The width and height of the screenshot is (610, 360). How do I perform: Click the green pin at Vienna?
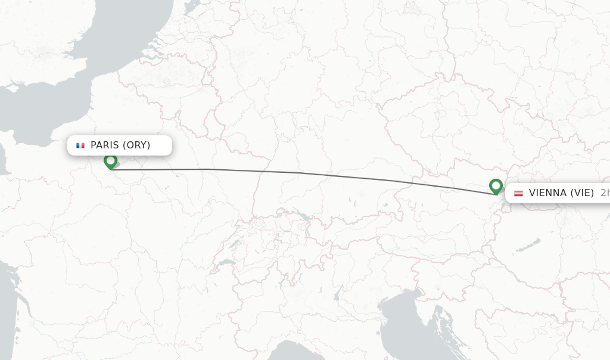(x=496, y=186)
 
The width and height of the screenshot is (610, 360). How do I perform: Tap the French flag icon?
(x=80, y=145)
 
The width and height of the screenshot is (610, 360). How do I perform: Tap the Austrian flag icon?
(x=518, y=193)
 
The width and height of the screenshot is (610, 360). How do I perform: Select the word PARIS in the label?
(x=105, y=145)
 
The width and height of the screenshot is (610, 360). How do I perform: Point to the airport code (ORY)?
(x=136, y=145)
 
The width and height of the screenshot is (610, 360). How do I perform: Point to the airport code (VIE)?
(x=581, y=193)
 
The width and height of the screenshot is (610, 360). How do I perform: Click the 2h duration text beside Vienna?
(x=604, y=193)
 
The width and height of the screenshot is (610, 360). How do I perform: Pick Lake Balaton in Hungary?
(x=529, y=244)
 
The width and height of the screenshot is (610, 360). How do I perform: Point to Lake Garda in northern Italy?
(x=338, y=292)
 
